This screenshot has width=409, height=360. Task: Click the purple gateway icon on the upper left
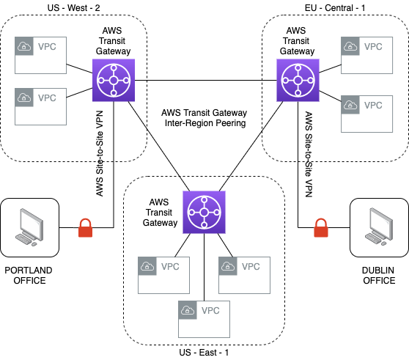pos(114,80)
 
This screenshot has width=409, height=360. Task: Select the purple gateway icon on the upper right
pos(298,80)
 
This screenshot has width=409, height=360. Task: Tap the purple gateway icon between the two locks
pos(204,212)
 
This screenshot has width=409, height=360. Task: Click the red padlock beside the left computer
pos(85,228)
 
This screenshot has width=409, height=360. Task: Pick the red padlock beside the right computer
pos(320,228)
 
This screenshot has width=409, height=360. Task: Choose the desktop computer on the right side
pos(380,227)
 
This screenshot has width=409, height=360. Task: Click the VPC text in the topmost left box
pos(47,46)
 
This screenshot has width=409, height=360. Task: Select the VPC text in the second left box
pos(47,98)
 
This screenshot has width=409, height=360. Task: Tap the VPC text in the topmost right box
pos(373,46)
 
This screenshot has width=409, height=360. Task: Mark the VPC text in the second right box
pos(373,105)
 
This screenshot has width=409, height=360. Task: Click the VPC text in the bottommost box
pos(210,310)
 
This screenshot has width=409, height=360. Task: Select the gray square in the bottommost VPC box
pos(188,310)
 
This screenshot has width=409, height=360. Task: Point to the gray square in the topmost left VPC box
pos(24,46)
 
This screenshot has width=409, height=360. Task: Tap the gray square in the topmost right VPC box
pos(350,46)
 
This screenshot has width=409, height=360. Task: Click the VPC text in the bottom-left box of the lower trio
pos(170,266)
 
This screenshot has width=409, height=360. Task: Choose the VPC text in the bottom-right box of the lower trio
pos(251,266)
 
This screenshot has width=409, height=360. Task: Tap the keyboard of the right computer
pos(375,239)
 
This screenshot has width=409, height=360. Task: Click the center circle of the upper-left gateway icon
pos(114,80)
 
